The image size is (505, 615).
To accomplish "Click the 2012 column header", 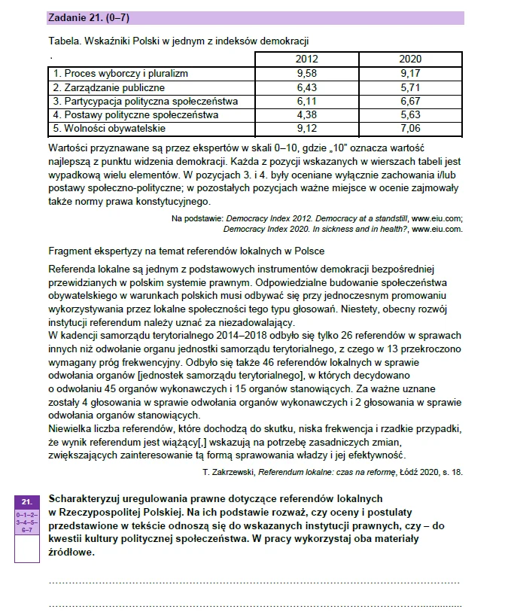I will (x=307, y=59).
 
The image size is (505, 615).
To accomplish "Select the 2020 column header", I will (x=410, y=59).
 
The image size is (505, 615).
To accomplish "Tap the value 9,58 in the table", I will (x=307, y=74).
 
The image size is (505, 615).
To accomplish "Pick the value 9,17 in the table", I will (x=410, y=74).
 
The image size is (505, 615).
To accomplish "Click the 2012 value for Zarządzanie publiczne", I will (x=307, y=87).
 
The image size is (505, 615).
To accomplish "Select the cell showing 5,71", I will (x=410, y=87).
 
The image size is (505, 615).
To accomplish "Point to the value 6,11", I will (x=307, y=101).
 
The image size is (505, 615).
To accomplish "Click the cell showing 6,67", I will (x=410, y=101).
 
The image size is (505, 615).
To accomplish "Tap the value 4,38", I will (x=307, y=114).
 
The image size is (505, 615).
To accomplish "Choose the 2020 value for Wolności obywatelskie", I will (x=410, y=129).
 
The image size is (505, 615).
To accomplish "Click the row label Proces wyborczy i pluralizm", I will (x=120, y=74).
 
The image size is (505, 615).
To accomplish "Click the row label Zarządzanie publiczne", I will (x=108, y=87).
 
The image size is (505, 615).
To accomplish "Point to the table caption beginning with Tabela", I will (x=178, y=41).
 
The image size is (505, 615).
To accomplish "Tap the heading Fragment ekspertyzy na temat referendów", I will (x=186, y=250).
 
